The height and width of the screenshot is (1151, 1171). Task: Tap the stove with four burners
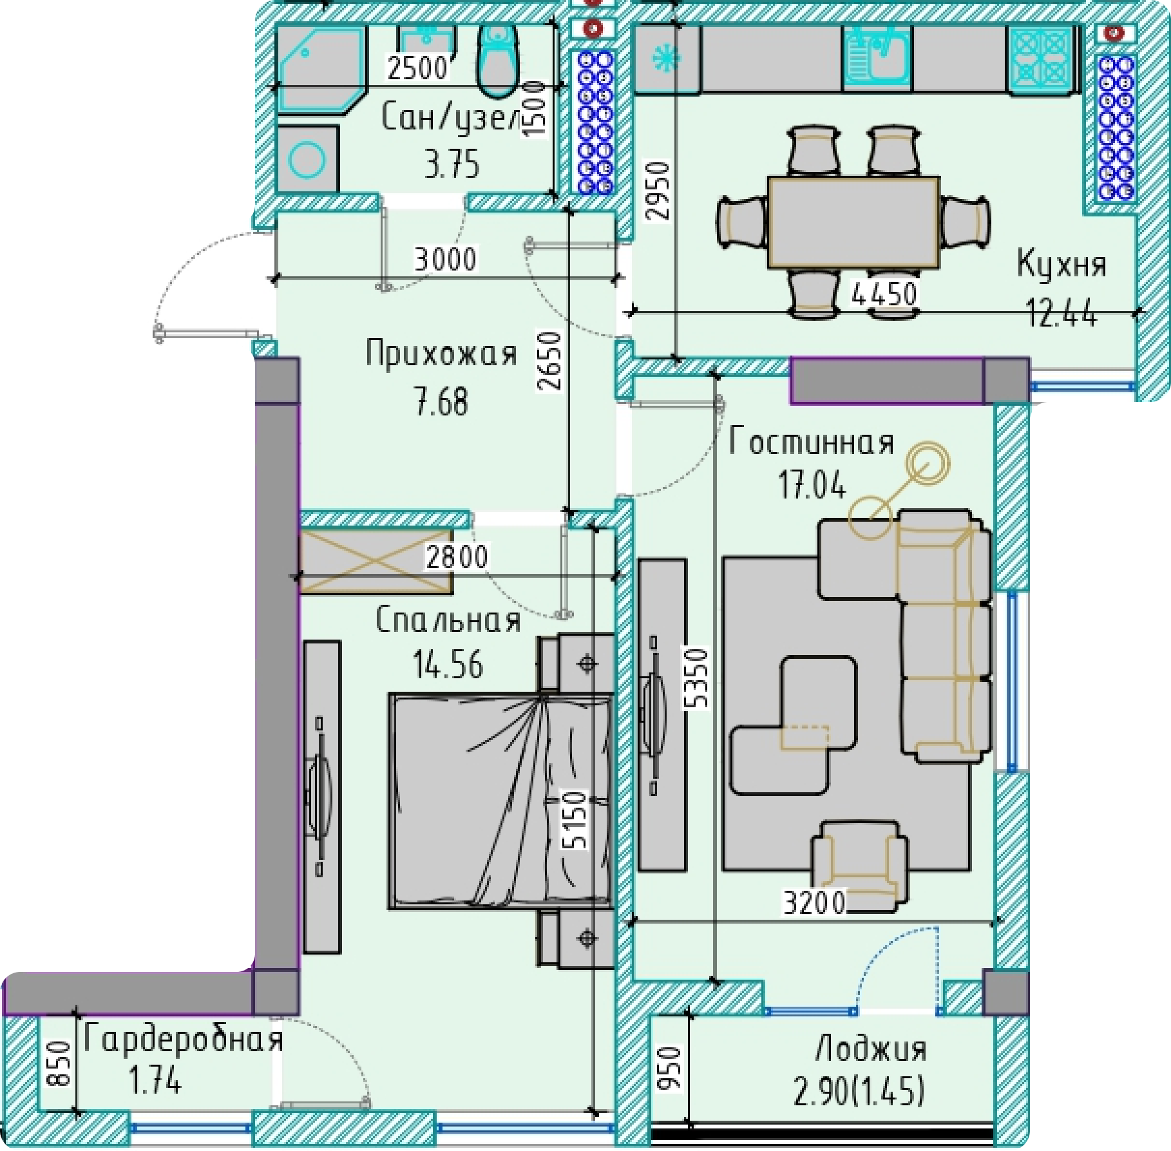coord(1042,59)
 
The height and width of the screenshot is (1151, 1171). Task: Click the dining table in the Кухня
coord(853,223)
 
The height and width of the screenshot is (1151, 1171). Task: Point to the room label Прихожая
coord(441,354)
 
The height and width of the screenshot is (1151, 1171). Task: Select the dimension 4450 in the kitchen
coord(884,294)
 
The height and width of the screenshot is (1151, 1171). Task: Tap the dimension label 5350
coord(698,678)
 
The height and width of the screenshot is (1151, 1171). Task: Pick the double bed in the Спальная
coord(500,801)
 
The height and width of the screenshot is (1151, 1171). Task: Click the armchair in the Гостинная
coord(860,866)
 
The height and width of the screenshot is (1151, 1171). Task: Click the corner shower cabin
coord(321,70)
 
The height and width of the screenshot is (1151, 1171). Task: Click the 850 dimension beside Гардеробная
coord(58,1063)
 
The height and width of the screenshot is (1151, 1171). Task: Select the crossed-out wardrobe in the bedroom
coord(376,561)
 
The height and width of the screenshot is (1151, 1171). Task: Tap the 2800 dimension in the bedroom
coord(456,556)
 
